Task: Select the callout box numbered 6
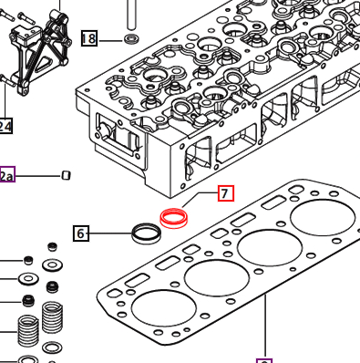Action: point(81,234)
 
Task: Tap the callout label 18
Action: point(88,38)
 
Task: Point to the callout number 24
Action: point(5,125)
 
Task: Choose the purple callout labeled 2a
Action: point(6,175)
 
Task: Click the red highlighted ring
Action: point(173,218)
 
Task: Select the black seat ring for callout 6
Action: point(146,233)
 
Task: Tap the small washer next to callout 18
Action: point(131,39)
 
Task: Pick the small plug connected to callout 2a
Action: point(66,175)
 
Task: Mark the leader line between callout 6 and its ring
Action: point(109,234)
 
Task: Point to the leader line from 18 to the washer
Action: point(110,39)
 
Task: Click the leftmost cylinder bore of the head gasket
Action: point(158,310)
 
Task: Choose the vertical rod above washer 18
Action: point(131,13)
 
